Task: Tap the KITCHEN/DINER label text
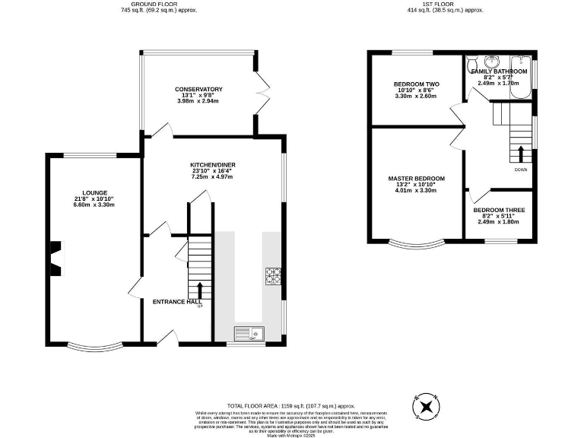coord(211,164)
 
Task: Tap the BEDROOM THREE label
coord(499,210)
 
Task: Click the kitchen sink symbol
coord(248,332)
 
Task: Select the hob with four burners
coord(272,276)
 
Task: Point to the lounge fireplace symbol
coord(56,256)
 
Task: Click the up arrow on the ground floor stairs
coord(201,290)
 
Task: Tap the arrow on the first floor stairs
coord(521,152)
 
